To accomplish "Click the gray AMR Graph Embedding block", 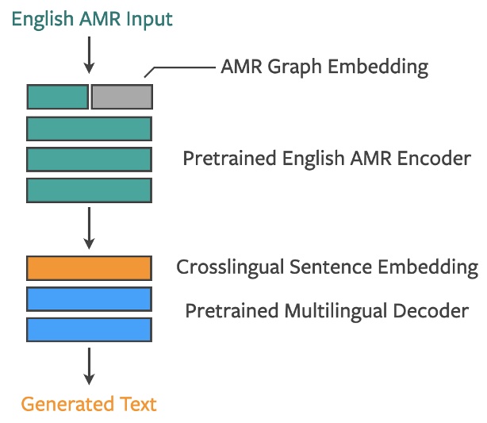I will tap(121, 96).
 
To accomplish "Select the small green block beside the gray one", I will tap(58, 96).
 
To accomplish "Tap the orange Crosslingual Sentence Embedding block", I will tap(89, 268).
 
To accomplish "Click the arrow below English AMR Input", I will tap(89, 56).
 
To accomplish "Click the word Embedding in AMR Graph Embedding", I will tap(378, 67).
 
